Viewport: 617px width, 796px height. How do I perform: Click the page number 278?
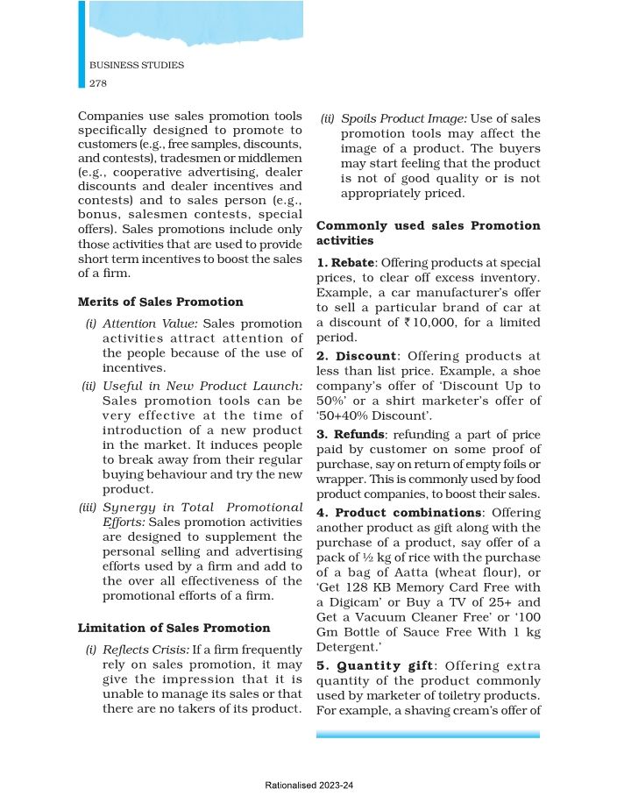tap(99, 82)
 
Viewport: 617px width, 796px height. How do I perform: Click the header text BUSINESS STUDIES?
tap(137, 66)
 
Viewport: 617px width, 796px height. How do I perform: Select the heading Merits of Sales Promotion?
tap(160, 302)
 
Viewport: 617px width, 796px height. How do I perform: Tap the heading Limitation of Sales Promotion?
tap(174, 628)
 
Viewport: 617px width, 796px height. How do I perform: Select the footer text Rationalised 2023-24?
tap(308, 786)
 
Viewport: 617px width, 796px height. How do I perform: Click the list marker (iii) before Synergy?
tap(89, 508)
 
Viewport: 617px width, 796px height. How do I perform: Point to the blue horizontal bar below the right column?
tap(428, 734)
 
